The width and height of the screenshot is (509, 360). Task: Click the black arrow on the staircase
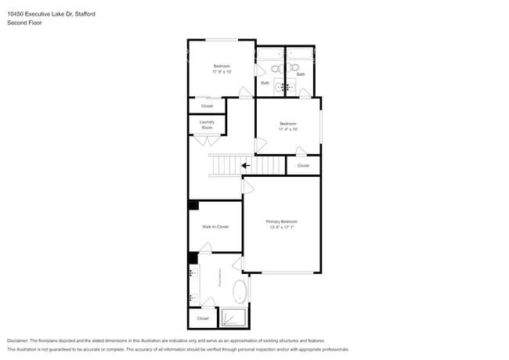(246, 165)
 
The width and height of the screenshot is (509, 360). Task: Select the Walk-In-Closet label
(215, 226)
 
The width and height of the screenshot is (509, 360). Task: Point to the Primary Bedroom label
(282, 221)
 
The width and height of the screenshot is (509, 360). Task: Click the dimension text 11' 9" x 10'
(222, 71)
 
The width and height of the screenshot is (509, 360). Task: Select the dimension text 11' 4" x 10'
(288, 129)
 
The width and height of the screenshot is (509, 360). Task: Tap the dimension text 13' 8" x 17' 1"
(282, 227)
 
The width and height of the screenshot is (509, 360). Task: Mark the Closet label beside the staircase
(303, 166)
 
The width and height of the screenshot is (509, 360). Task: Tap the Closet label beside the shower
(203, 319)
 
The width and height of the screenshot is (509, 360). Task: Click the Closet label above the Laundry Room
(207, 106)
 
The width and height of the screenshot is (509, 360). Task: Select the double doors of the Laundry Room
(208, 141)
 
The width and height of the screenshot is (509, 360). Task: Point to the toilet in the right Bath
(295, 68)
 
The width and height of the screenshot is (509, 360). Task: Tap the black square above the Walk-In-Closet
(193, 205)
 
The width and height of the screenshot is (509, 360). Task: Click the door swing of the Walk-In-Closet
(206, 248)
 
